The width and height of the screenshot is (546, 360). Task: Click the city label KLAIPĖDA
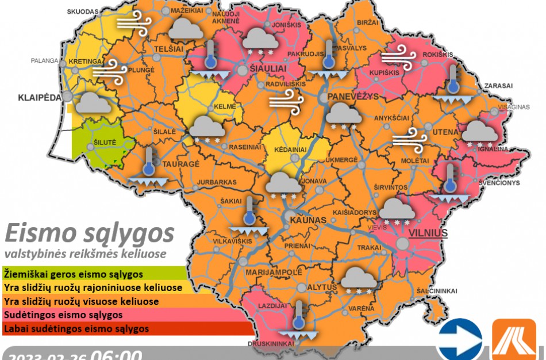39,97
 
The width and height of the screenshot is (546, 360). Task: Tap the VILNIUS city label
428,233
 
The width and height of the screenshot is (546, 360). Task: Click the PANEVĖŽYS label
353,97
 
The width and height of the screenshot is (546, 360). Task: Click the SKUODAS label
83,12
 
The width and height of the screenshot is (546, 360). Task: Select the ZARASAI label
498,85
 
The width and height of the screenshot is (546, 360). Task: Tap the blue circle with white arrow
459,340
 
